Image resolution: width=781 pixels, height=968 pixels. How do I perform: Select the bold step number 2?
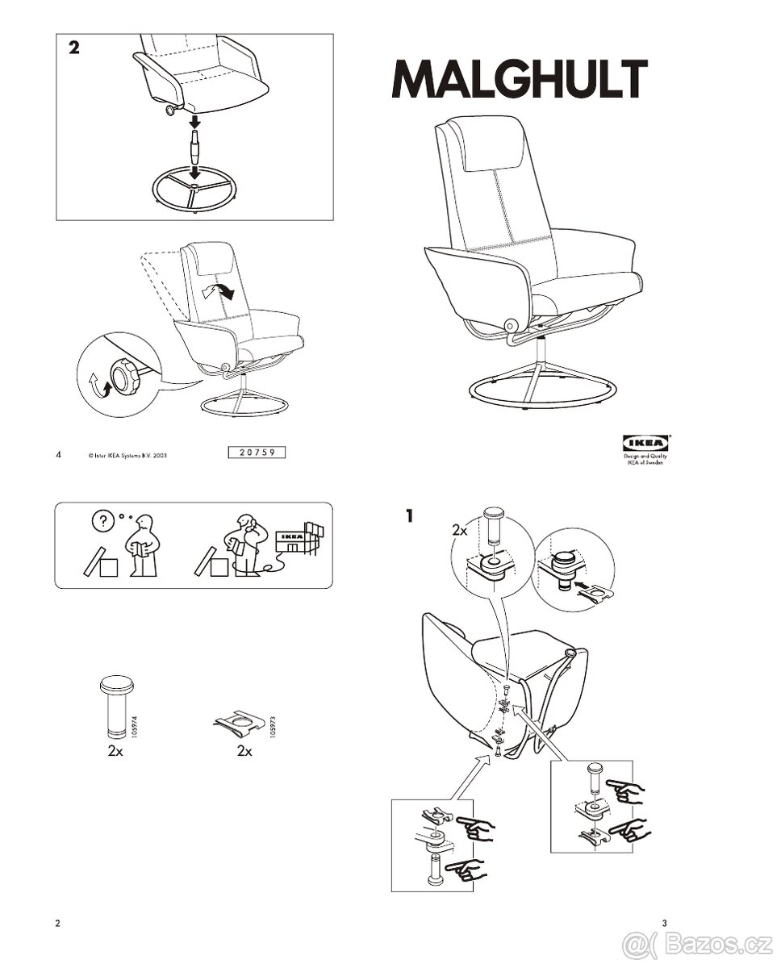coord(73,48)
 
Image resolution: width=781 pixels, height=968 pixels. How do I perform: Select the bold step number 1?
coord(410,515)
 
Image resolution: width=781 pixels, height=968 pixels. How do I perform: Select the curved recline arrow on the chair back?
coord(219,291)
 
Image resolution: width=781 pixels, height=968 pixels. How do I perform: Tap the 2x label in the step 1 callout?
coord(459,531)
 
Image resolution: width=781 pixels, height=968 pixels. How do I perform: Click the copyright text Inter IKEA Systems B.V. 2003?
coord(128,455)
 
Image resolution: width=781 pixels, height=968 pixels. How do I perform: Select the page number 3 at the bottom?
coord(664,923)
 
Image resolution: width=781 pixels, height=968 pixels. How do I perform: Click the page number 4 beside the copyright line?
coord(59,454)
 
